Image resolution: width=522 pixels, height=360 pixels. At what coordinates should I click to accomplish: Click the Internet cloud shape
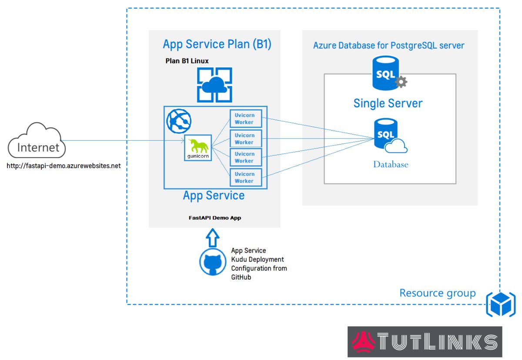point(37,141)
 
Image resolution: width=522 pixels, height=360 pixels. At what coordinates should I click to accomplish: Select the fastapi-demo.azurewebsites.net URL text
point(64,166)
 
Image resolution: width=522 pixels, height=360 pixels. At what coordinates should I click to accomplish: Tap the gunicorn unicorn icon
point(198,148)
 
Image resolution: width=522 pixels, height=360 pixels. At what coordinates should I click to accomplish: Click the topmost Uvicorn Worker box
point(246,119)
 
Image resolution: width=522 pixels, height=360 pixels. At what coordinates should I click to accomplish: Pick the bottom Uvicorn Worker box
point(246,177)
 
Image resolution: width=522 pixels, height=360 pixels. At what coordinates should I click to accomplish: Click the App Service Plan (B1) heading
point(217,44)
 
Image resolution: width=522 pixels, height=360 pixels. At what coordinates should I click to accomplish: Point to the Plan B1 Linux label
point(187,61)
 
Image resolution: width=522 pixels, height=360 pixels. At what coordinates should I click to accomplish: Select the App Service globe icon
point(179,121)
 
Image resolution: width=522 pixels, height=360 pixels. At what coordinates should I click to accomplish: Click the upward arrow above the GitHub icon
point(213,239)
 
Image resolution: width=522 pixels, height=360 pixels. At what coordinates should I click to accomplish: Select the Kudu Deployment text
point(258,259)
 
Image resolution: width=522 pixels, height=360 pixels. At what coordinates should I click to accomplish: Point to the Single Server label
point(388,103)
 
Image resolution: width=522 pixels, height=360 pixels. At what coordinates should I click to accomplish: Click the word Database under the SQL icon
point(391,165)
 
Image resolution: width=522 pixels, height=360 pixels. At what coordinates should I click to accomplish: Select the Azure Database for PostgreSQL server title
point(389,45)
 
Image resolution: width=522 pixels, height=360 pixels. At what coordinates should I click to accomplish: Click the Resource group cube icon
point(501,303)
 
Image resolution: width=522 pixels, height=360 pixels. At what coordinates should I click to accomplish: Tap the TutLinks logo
point(425,341)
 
